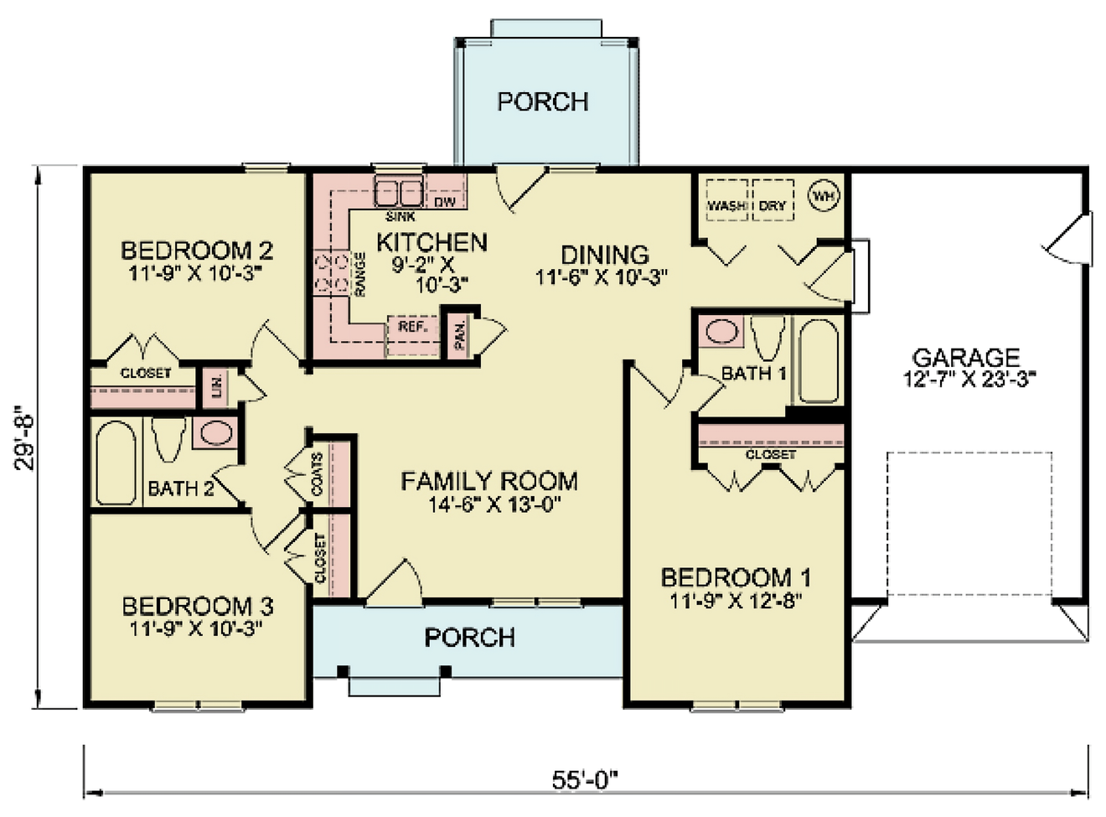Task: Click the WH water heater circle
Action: point(824,196)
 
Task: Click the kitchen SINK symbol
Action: point(398,194)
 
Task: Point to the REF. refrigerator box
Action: point(412,327)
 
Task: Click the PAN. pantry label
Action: point(460,336)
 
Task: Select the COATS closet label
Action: point(317,474)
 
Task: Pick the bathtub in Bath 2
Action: point(115,463)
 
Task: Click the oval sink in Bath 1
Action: point(721,331)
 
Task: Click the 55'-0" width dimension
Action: point(584,779)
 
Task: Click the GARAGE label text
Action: point(965,358)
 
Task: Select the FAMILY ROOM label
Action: point(488,481)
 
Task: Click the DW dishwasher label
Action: point(444,202)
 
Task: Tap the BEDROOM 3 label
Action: point(197,606)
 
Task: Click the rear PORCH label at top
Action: point(543,101)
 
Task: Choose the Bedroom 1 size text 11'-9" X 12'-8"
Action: point(736,601)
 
